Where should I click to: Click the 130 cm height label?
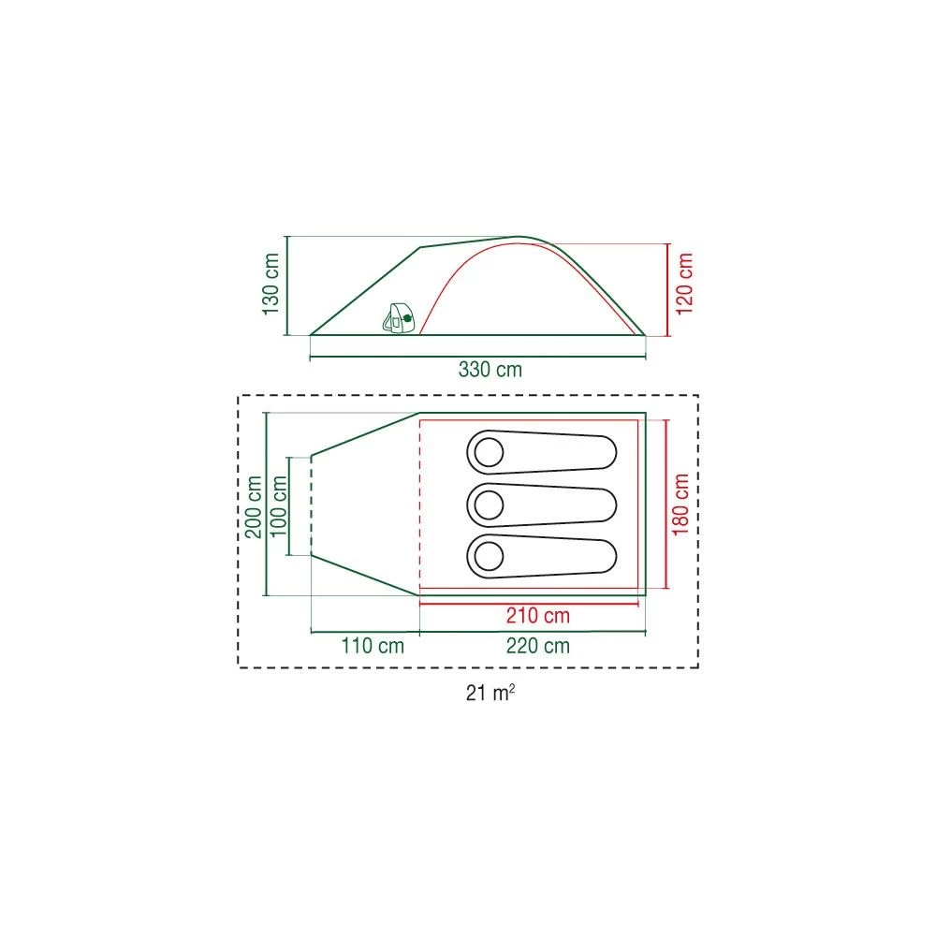pyautogui.click(x=271, y=284)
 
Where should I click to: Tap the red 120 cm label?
pyautogui.click(x=684, y=284)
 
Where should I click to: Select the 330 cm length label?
pyautogui.click(x=490, y=370)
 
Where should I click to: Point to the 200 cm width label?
pyautogui.click(x=254, y=506)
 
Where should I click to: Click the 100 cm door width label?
pyautogui.click(x=279, y=506)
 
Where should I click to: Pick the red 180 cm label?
pyautogui.click(x=680, y=505)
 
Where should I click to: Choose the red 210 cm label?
pyautogui.click(x=538, y=616)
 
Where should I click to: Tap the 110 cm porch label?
pyautogui.click(x=373, y=646)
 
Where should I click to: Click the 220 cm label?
pyautogui.click(x=538, y=646)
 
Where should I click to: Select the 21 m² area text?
pyautogui.click(x=490, y=693)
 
